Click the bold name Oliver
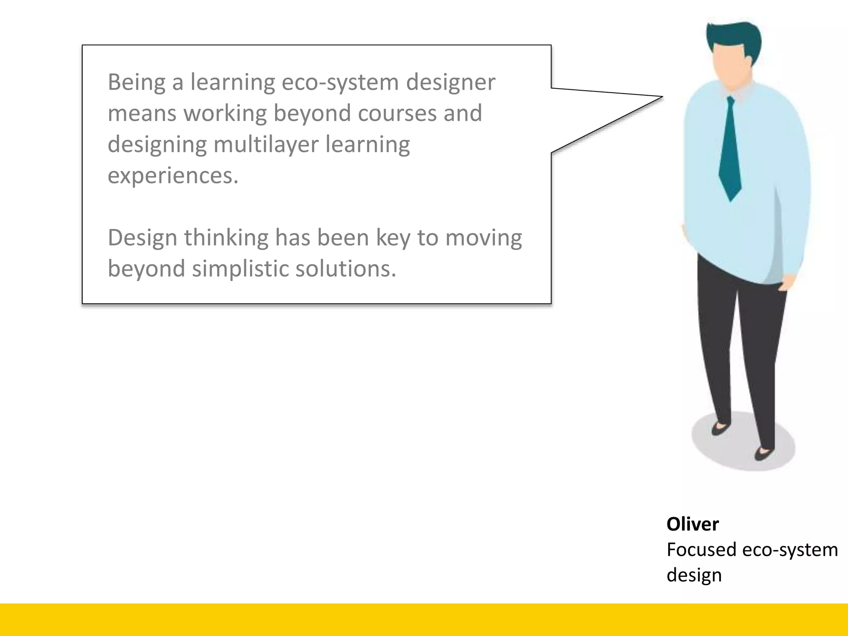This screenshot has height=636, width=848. [x=692, y=524]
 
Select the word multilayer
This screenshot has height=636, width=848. [x=266, y=145]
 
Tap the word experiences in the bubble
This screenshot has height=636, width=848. [x=173, y=176]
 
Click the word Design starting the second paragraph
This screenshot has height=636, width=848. [x=142, y=238]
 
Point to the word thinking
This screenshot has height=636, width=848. [x=226, y=238]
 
